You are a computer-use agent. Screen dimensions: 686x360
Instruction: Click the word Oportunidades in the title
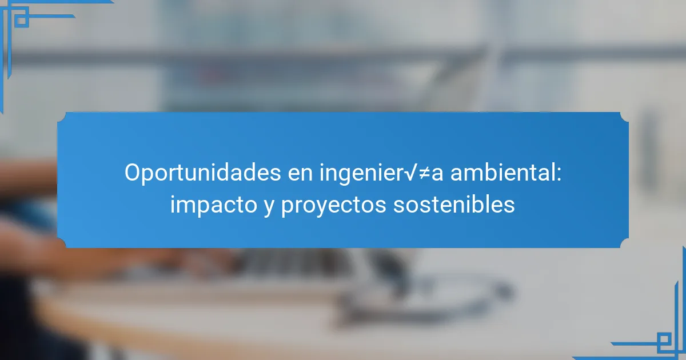pos(203,173)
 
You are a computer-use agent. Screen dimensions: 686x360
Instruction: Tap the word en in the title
pos(300,174)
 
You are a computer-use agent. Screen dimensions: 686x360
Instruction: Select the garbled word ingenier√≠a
pos(381,173)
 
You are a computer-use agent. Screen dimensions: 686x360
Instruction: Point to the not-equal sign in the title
pos(424,174)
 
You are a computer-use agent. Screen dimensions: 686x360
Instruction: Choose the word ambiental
pos(503,172)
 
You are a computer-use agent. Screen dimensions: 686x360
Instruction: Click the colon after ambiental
pos(559,174)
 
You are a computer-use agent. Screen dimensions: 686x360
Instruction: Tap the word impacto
pos(214,205)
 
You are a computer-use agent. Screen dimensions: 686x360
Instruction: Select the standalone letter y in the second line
pos(269,207)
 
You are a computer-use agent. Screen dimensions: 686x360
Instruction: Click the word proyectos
pos(334,206)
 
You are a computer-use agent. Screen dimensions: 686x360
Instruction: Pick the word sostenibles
pos(454,204)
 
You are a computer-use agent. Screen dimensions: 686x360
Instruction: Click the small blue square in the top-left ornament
pos(22,21)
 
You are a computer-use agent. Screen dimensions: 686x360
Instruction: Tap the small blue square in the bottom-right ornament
pos(664,339)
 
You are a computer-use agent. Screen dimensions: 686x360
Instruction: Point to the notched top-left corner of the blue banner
pos(61,117)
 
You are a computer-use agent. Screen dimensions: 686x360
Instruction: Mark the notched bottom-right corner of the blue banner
pos(625,243)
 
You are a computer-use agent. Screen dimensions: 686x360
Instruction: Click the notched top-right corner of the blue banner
pos(625,117)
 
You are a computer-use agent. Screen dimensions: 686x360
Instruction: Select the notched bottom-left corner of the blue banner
pos(61,243)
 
